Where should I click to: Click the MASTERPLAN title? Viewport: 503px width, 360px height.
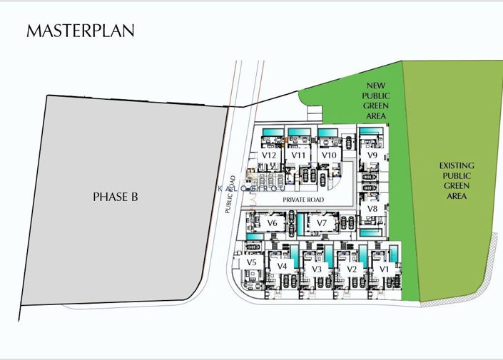80,31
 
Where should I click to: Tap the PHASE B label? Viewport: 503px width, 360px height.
115,197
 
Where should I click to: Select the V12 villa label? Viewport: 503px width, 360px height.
269,155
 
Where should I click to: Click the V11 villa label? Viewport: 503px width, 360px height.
299,155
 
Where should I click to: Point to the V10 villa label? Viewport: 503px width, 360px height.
329,155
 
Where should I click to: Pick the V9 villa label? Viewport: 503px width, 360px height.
372,155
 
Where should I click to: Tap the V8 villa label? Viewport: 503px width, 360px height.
372,209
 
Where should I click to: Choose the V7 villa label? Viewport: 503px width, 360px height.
322,223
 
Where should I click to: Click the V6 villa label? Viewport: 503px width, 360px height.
272,223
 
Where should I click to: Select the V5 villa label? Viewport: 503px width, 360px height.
251,262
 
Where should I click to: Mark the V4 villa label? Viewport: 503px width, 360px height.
282,267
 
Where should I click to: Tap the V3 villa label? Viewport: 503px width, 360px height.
317,269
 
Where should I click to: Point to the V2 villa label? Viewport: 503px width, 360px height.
351,269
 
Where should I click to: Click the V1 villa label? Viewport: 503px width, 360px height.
384,269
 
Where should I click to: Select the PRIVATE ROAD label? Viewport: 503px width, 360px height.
303,200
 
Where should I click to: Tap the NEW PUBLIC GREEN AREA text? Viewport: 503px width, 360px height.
376,101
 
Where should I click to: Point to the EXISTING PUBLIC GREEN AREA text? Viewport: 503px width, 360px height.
457,180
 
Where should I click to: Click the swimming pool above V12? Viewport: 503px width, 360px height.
272,132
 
